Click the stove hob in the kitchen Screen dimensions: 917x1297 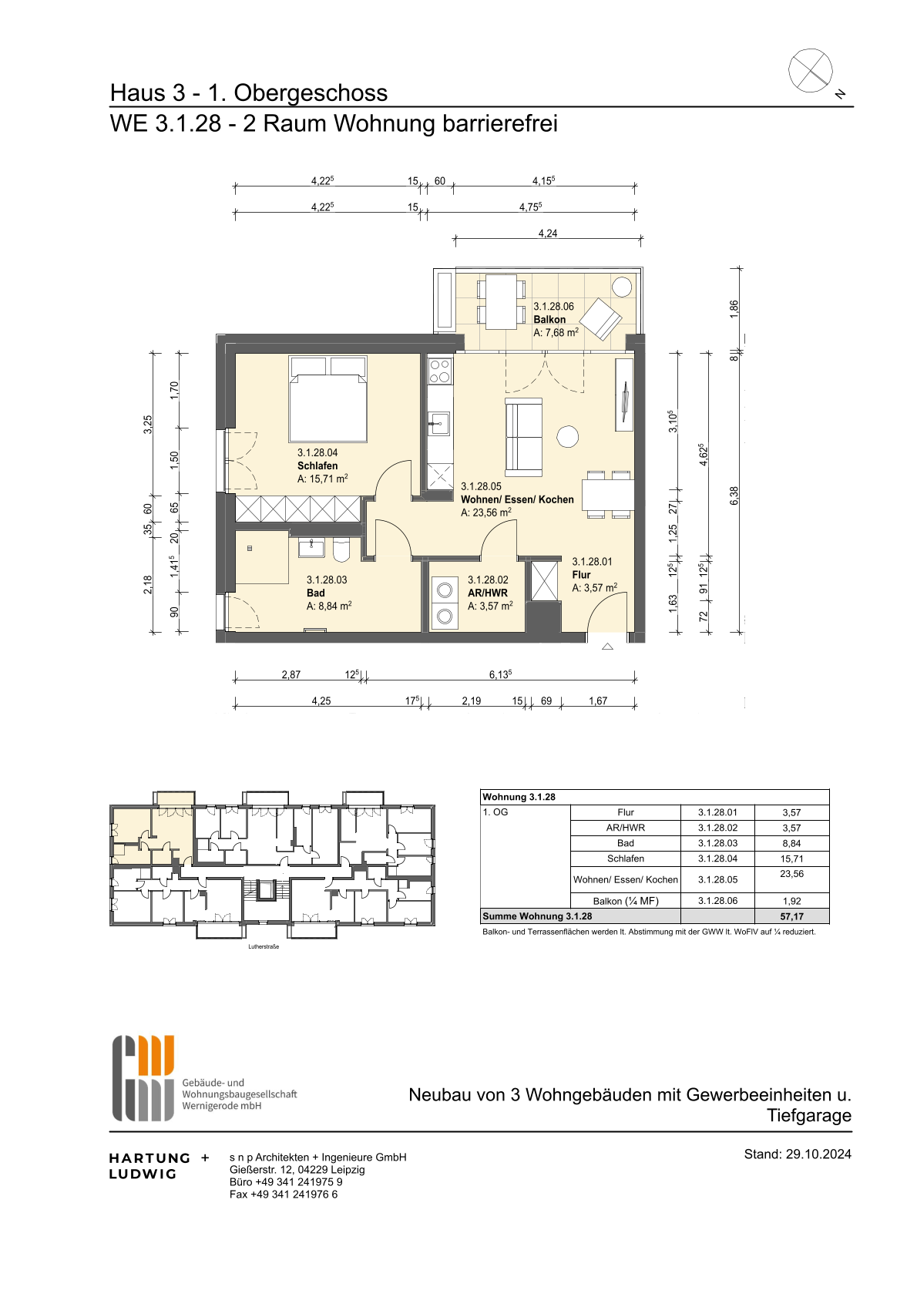(x=439, y=371)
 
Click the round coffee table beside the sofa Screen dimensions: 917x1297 (x=567, y=437)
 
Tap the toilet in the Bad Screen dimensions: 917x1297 (x=341, y=550)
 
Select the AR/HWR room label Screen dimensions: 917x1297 (x=488, y=593)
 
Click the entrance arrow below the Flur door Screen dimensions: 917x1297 (x=607, y=646)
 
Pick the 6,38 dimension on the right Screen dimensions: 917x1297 (x=734, y=496)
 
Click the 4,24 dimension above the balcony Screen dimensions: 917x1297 (x=548, y=234)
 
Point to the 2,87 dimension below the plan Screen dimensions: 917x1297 (x=291, y=674)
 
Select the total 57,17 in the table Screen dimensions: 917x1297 (x=791, y=916)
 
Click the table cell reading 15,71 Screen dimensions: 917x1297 (x=791, y=859)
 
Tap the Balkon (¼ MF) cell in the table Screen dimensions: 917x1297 (x=625, y=901)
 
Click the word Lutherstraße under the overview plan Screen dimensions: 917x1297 (x=264, y=946)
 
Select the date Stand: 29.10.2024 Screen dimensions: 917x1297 (x=797, y=1154)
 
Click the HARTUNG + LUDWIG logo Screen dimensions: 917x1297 (x=159, y=1166)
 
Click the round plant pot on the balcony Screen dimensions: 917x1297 (x=623, y=287)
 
